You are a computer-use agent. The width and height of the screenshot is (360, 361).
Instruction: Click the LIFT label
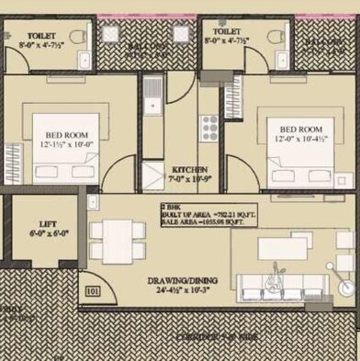click(x=48, y=223)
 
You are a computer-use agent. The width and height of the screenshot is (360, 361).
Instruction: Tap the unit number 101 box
click(x=92, y=293)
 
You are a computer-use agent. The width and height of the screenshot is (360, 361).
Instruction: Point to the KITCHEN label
click(x=189, y=170)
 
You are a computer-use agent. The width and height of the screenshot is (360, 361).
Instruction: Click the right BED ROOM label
click(x=299, y=130)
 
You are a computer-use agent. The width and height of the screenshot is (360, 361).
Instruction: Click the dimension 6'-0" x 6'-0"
click(x=47, y=234)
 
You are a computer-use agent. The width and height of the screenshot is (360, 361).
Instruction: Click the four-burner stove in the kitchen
click(x=209, y=125)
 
